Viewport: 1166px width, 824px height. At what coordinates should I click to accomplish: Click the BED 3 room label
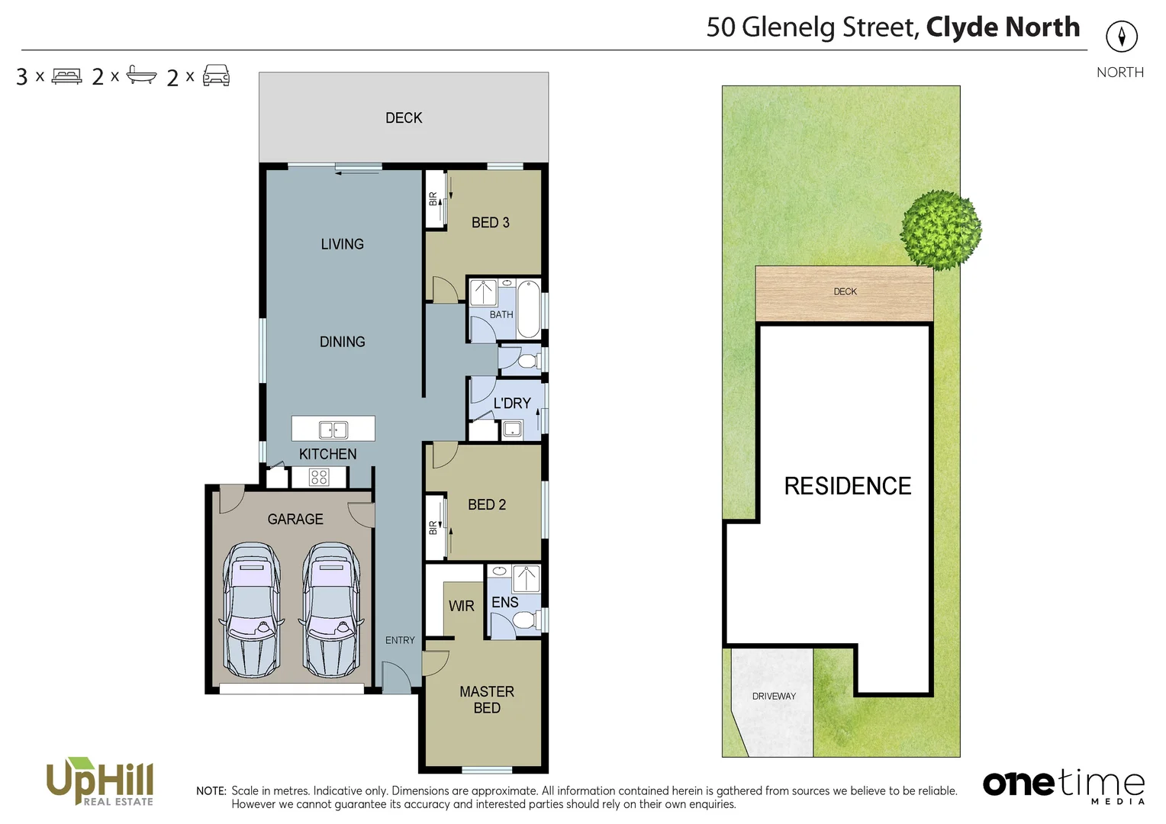[490, 223]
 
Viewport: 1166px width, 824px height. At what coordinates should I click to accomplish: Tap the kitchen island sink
[333, 430]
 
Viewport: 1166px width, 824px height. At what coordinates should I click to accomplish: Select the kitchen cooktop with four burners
[319, 478]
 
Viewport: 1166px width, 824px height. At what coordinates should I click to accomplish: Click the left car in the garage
[251, 610]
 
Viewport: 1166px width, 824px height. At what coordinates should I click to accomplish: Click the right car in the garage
[330, 610]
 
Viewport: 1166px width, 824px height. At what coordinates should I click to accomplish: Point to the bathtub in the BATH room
[529, 309]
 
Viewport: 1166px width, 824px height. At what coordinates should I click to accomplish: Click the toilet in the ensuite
[523, 622]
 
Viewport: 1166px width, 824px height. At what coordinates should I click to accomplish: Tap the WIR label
[461, 607]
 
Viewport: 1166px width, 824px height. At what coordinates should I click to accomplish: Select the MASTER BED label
[487, 700]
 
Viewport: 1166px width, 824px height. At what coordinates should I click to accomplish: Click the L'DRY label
[511, 404]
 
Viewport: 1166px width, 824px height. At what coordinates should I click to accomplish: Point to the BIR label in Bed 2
[433, 527]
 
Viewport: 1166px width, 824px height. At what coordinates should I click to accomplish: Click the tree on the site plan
[940, 230]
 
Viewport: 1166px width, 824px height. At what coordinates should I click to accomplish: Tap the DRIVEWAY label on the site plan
[774, 697]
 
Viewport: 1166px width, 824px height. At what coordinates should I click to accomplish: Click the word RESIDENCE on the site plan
[847, 487]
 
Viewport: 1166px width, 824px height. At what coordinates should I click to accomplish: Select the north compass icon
[1121, 37]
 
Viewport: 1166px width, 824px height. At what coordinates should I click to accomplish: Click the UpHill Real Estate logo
[101, 781]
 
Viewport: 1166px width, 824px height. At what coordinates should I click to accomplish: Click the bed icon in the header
[66, 76]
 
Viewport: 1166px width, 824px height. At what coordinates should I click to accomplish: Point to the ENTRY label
[400, 641]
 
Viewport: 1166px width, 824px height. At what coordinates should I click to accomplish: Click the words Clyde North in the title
[1002, 27]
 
